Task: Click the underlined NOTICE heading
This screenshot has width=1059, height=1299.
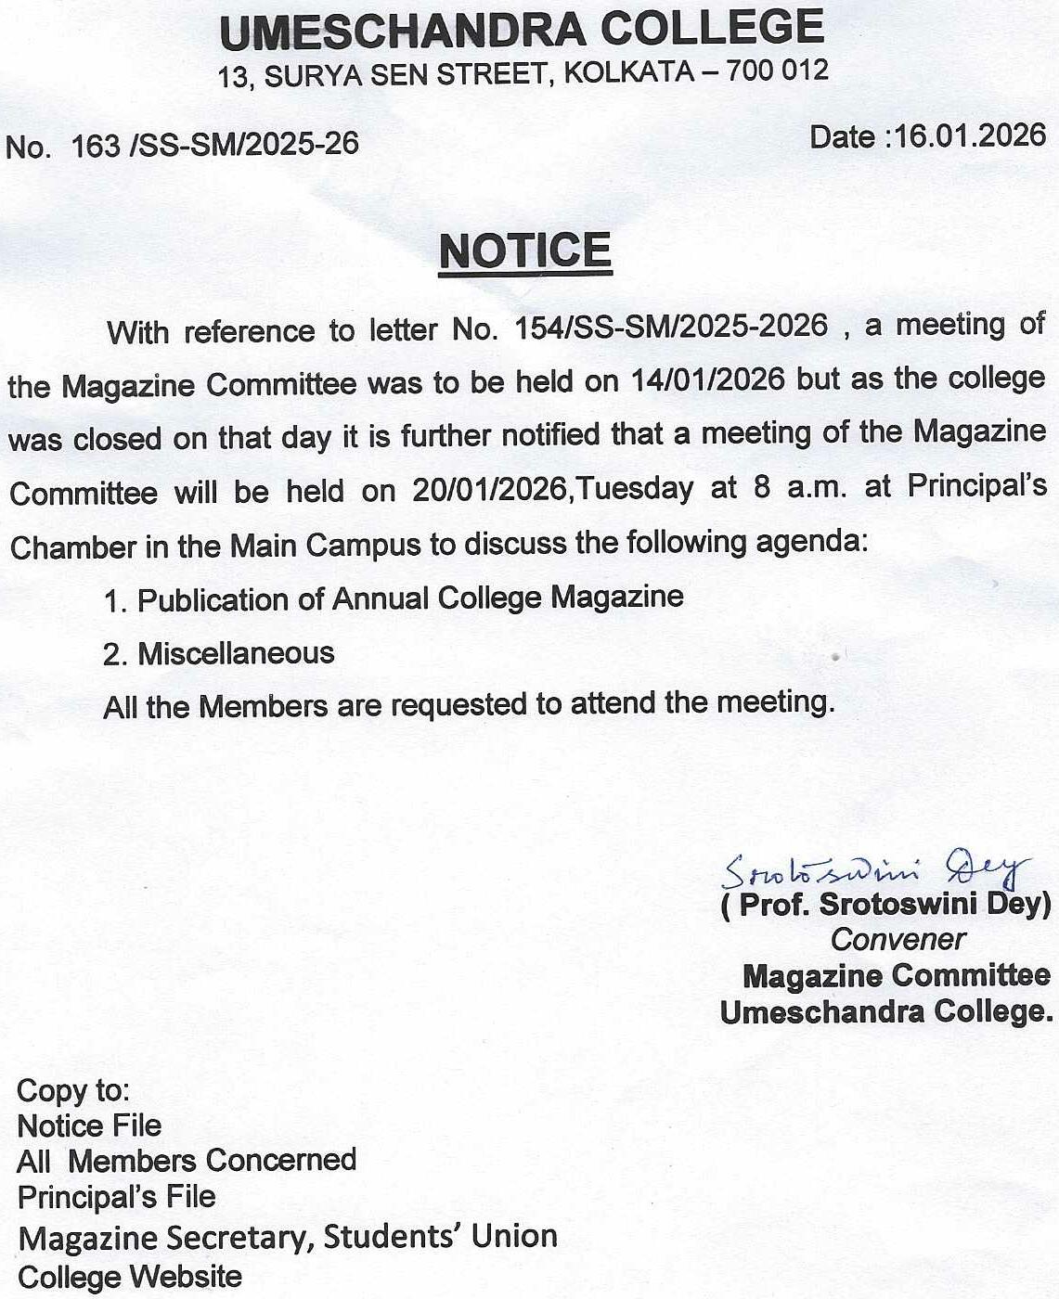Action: [525, 251]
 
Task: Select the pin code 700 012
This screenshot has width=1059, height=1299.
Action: [778, 71]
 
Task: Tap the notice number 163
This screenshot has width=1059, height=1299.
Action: [96, 146]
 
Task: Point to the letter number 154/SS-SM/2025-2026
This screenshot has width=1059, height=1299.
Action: [671, 327]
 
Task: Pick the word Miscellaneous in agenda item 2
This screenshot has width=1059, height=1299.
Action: [236, 653]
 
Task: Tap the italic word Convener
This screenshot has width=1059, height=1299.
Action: [898, 939]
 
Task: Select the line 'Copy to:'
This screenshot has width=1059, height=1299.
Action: [73, 1089]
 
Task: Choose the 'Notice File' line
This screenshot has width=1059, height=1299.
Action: [89, 1125]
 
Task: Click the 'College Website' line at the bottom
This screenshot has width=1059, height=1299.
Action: [130, 1277]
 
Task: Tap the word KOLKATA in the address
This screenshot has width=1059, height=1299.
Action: [629, 72]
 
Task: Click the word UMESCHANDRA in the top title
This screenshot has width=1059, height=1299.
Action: [403, 31]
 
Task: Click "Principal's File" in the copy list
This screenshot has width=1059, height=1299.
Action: [116, 1197]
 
